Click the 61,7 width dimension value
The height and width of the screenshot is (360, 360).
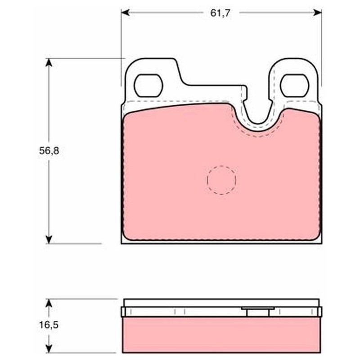point(217,13)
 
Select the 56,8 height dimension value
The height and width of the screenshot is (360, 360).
point(49,151)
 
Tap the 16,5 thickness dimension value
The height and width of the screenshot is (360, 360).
point(49,325)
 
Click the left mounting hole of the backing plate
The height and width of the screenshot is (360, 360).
point(148,85)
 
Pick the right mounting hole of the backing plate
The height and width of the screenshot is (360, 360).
point(295,85)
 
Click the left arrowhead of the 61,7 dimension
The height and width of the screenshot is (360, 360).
point(126,13)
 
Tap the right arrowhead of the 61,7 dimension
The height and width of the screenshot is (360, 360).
point(317,13)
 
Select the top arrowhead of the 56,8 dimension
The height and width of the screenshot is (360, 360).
point(49,63)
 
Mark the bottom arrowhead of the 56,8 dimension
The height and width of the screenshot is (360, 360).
point(49,239)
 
